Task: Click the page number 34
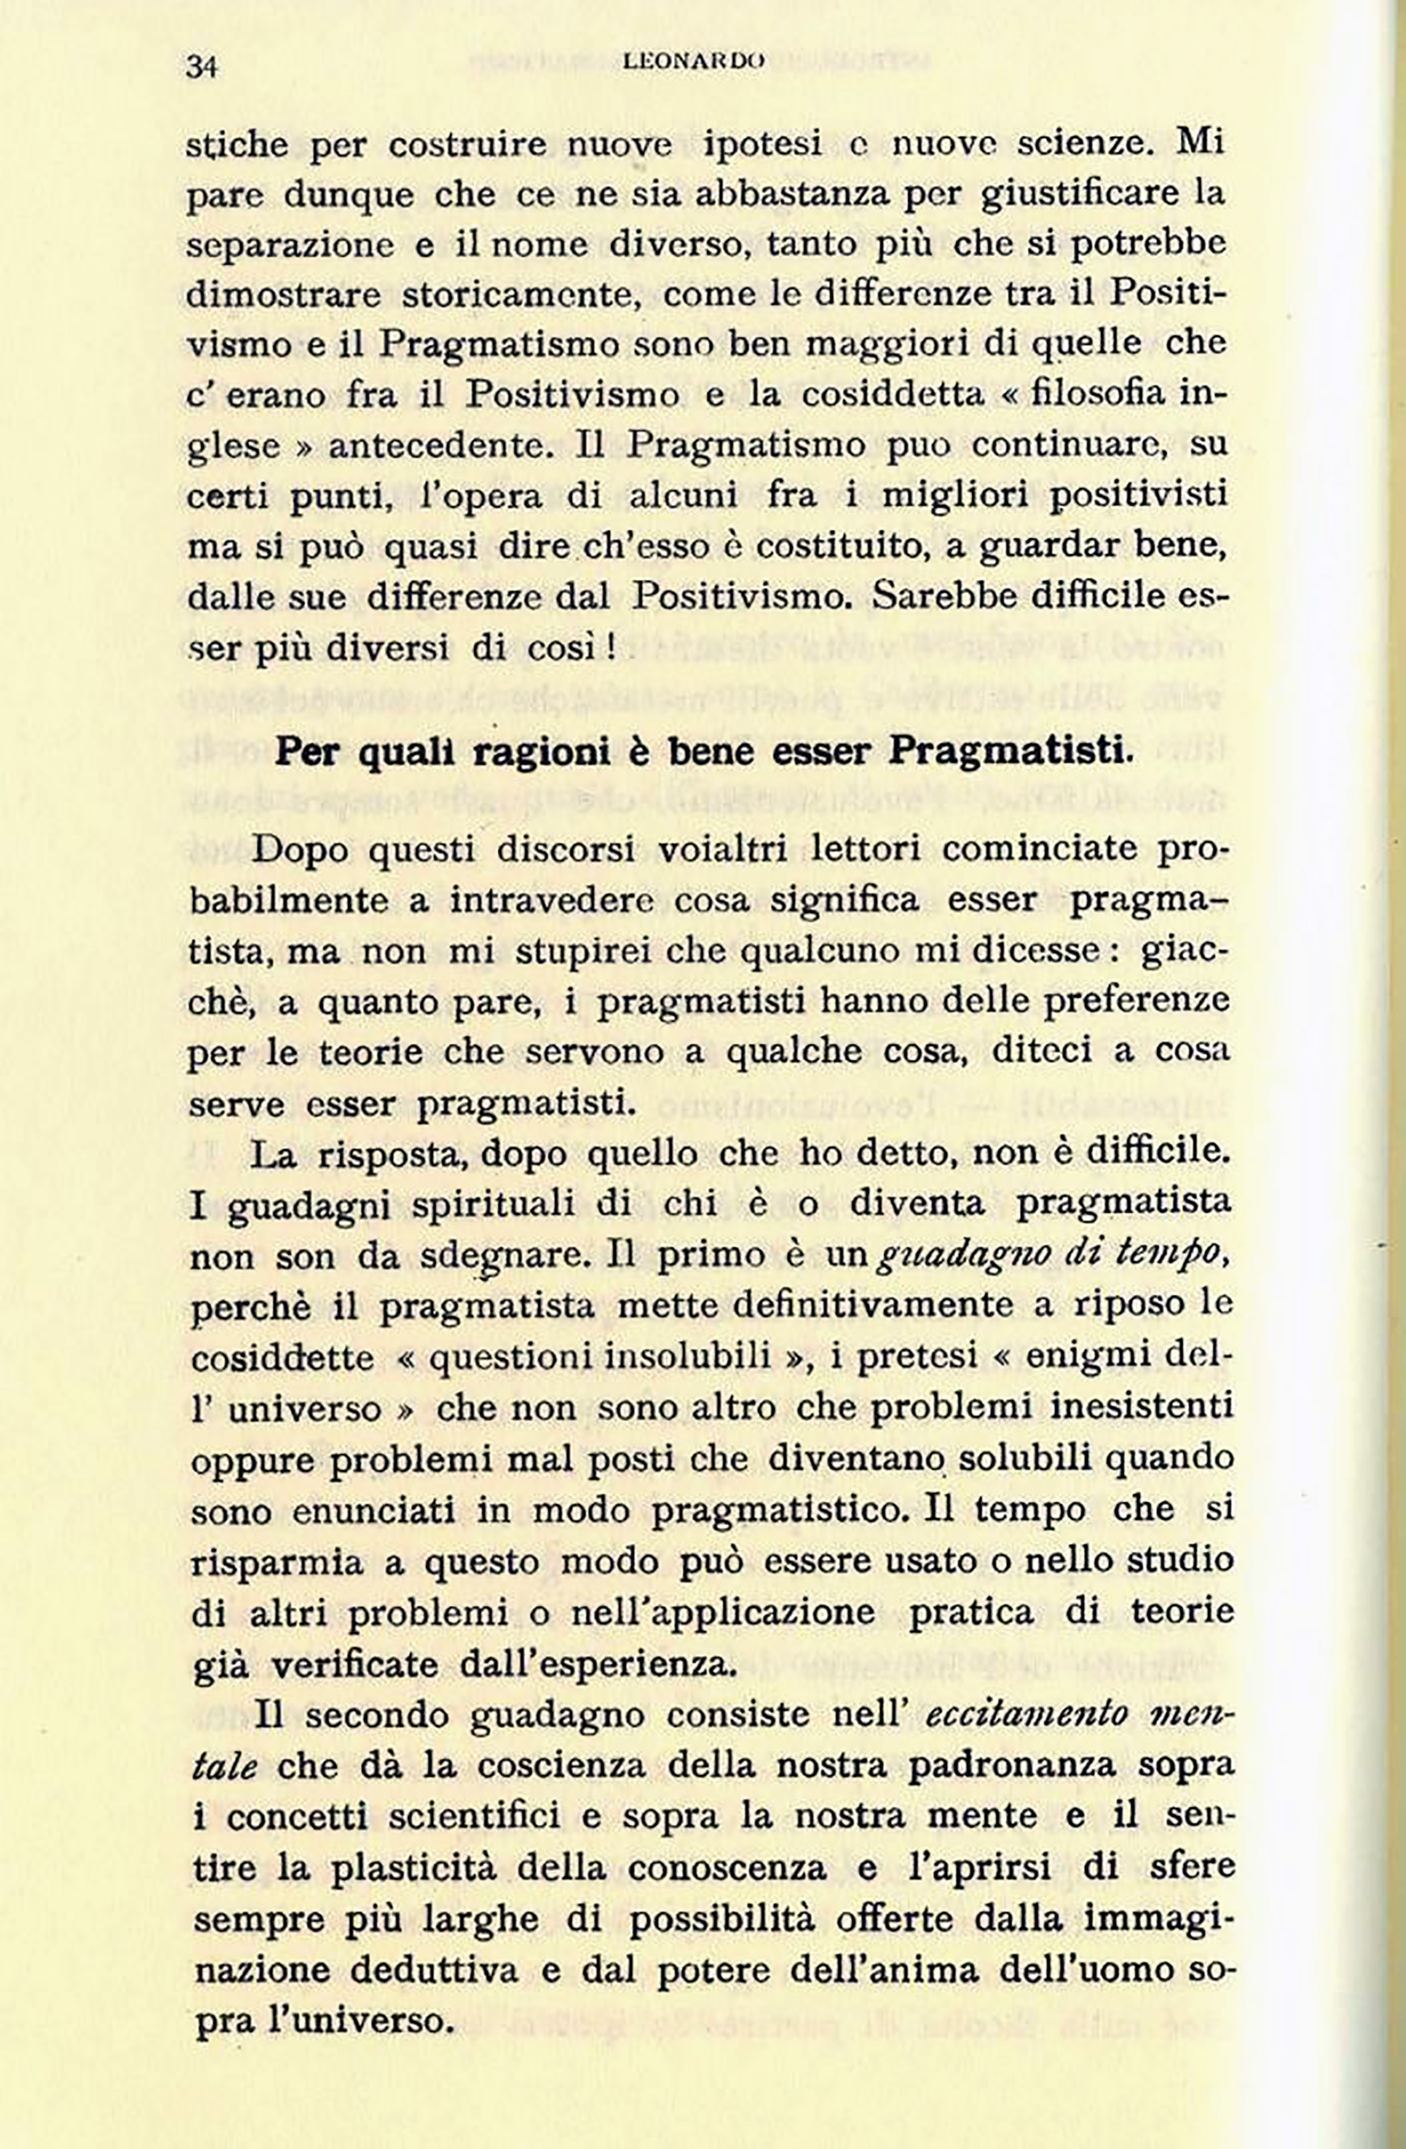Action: [x=202, y=67]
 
